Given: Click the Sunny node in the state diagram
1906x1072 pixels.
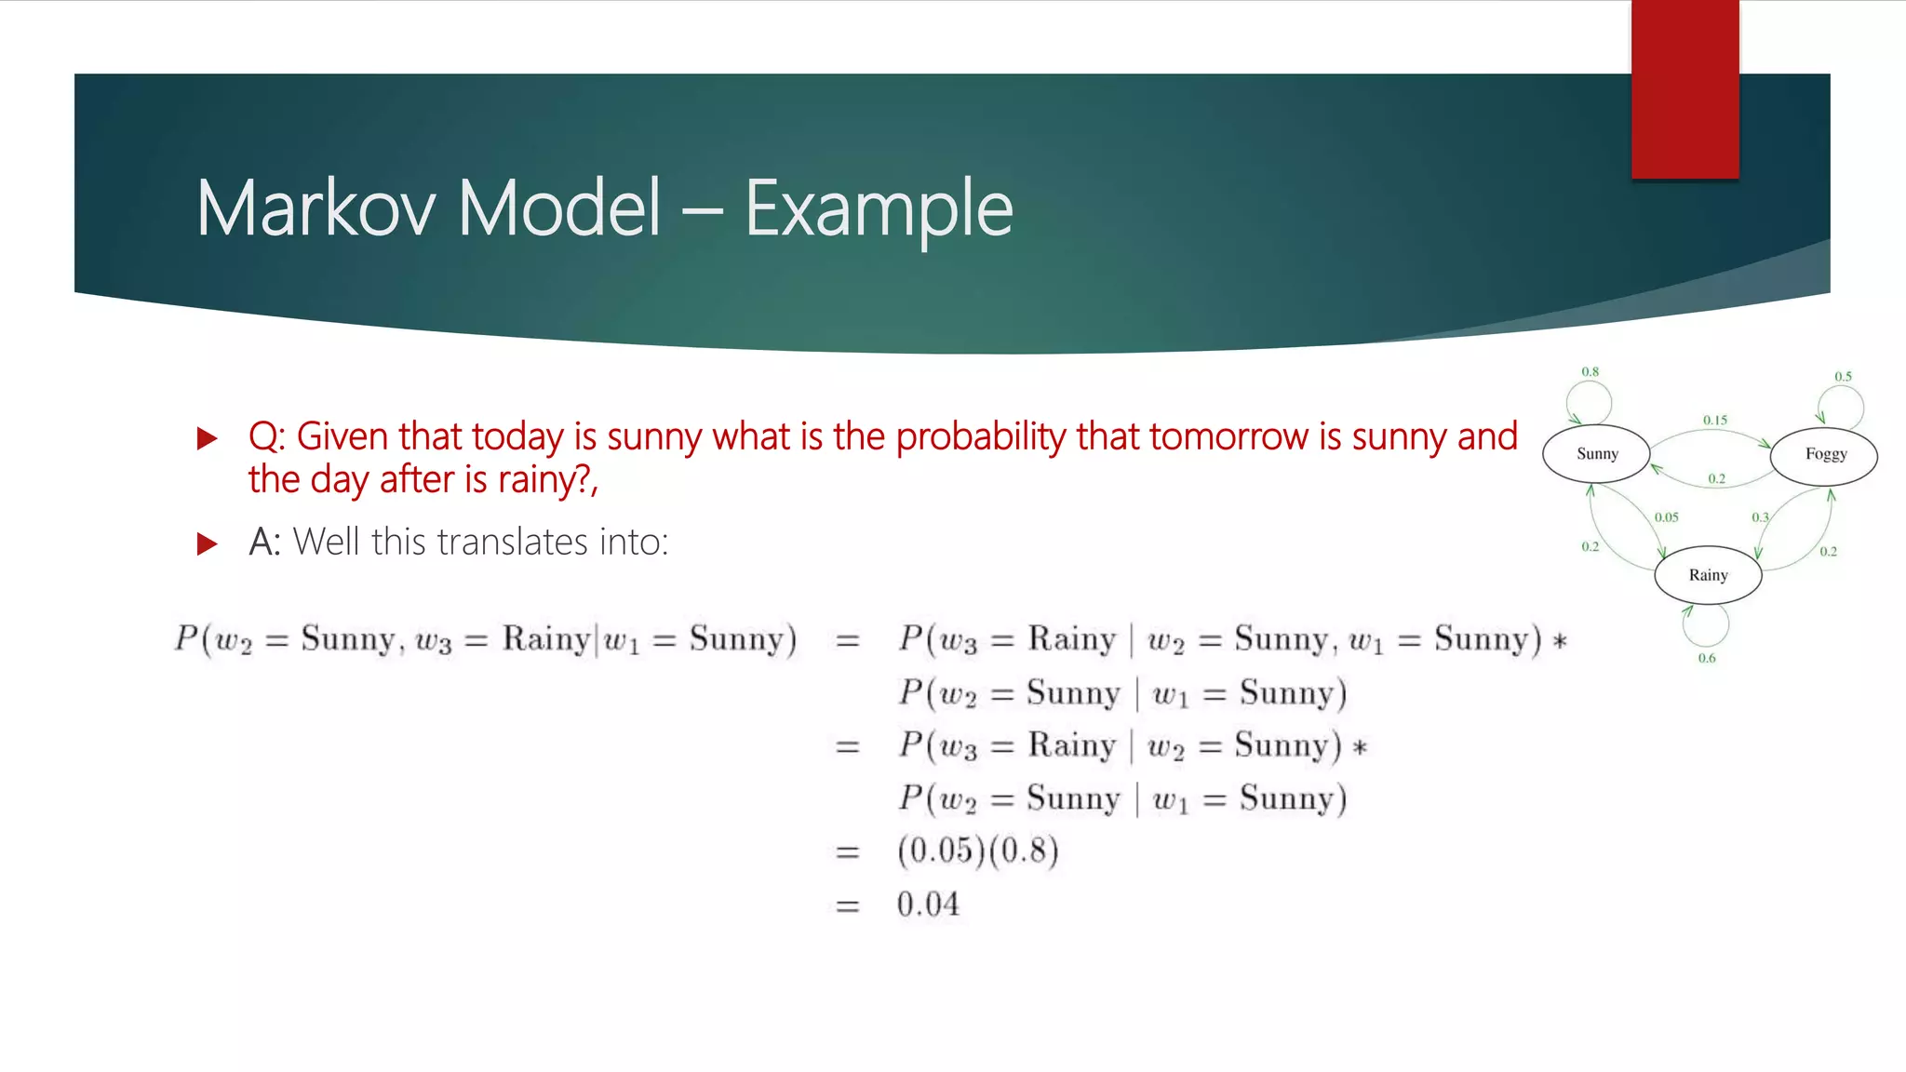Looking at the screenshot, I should (x=1596, y=454).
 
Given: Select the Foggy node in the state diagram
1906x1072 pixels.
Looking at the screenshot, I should (x=1824, y=454).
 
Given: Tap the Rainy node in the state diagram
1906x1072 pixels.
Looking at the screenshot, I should (x=1708, y=575).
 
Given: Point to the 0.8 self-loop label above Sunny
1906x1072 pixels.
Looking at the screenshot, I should (x=1591, y=372).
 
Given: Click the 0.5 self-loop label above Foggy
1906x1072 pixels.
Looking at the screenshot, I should (x=1843, y=377).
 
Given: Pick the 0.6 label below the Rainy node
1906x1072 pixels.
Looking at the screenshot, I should (x=1707, y=658).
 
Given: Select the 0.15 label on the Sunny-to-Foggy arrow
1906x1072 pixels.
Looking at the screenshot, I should (x=1715, y=421).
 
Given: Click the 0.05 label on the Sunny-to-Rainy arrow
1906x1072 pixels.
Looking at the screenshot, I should (x=1667, y=517).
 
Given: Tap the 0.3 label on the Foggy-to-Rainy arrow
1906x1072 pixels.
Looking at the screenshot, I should (x=1760, y=517).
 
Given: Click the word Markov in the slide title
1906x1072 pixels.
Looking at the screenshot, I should (x=315, y=208).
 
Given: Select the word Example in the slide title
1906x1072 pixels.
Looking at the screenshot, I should (x=879, y=208).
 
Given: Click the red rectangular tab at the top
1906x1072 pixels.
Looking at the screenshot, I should (x=1685, y=88).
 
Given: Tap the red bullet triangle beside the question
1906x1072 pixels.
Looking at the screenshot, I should (x=208, y=438).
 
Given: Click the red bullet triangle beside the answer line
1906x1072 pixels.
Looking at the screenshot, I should (x=208, y=543).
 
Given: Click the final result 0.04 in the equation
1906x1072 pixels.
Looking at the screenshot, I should (x=928, y=904).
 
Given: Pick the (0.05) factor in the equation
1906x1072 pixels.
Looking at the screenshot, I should (x=941, y=851).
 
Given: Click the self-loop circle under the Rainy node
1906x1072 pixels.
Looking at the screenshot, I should (x=1707, y=625).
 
